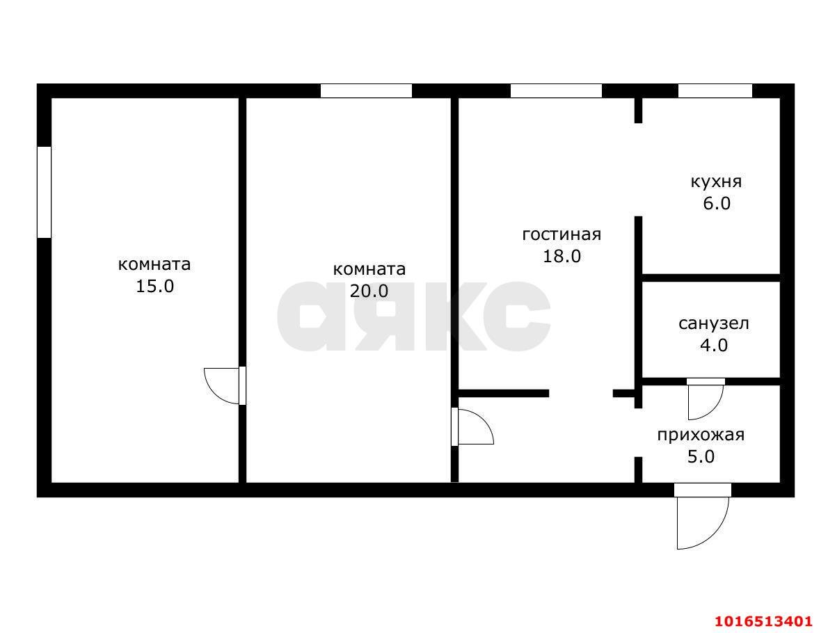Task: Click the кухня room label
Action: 715,182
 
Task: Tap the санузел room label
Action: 713,323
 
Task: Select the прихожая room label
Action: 701,435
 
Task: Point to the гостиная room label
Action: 562,234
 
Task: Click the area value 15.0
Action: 154,287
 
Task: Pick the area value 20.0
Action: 369,291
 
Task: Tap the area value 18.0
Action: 562,256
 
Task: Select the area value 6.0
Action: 715,204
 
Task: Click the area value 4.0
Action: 713,345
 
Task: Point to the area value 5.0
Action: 701,457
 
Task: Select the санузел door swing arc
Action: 704,401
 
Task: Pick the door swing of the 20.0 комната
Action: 473,426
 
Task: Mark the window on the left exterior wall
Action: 44,192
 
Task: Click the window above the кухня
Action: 715,91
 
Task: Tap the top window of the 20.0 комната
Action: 366,91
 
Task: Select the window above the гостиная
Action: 556,91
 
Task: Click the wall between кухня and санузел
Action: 710,278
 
